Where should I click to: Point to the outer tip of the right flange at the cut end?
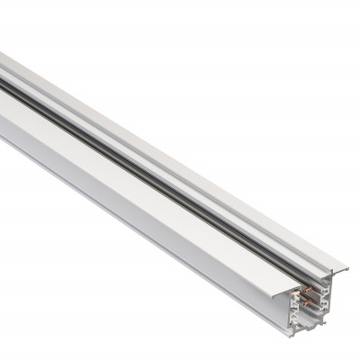(x=346, y=267)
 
